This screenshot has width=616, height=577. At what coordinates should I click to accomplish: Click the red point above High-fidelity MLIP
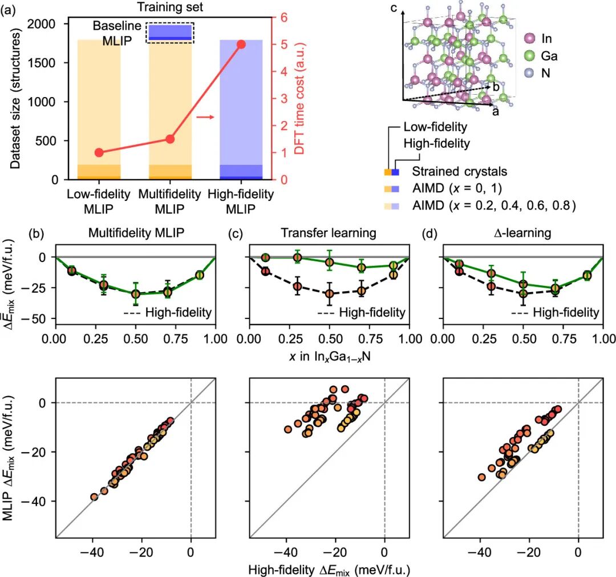pos(241,45)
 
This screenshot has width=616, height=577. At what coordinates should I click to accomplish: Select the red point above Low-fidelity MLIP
pos(99,152)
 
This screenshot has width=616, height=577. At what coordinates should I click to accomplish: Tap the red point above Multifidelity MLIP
pos(170,139)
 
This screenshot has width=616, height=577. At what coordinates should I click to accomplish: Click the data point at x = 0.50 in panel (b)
pos(136,294)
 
